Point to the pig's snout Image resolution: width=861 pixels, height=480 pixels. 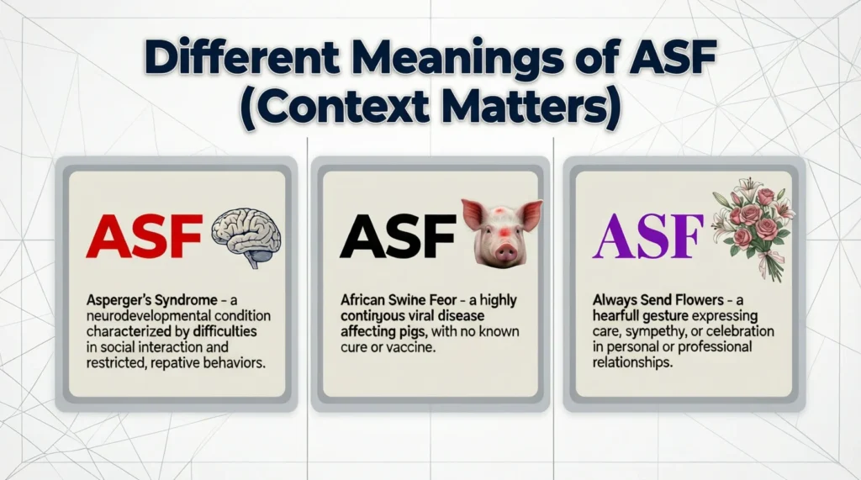click(x=506, y=251)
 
